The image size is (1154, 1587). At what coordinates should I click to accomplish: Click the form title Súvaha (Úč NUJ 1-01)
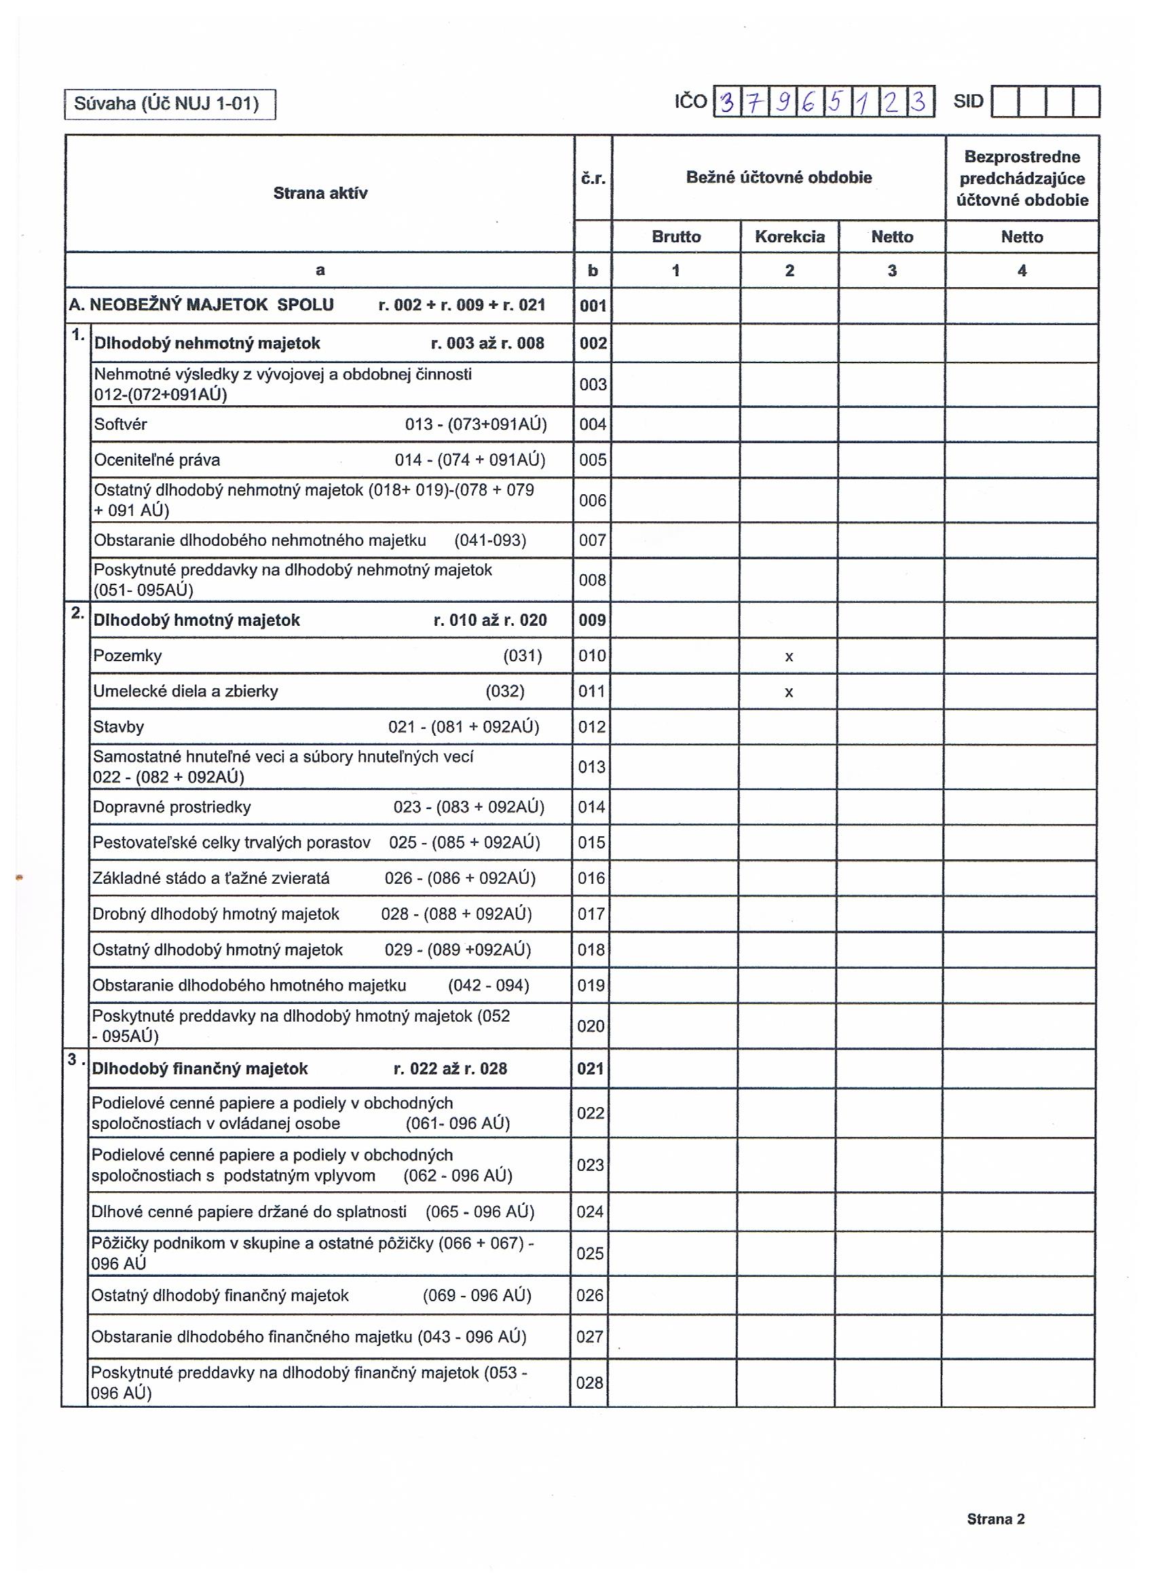(166, 105)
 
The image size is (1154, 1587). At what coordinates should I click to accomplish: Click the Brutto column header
(676, 236)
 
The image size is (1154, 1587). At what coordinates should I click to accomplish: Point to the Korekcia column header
(789, 236)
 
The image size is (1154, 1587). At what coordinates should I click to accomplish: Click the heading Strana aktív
(320, 193)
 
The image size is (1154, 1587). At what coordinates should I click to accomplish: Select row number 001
(593, 305)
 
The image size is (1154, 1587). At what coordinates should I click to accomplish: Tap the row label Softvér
(120, 424)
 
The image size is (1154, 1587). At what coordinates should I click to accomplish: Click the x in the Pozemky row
(789, 656)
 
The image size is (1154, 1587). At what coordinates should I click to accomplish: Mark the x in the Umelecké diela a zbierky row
(789, 692)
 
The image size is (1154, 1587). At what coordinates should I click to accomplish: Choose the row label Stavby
(118, 727)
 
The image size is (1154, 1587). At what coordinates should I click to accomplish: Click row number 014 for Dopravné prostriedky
(591, 807)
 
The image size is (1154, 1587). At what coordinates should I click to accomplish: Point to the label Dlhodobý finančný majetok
(200, 1068)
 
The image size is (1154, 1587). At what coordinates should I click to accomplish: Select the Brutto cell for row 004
(676, 424)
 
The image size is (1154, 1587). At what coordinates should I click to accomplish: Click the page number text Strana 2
(995, 1519)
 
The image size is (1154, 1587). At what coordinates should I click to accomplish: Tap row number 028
(589, 1383)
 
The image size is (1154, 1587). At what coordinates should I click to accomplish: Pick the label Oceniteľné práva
(157, 460)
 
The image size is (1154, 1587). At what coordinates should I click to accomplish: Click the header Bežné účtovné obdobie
(779, 178)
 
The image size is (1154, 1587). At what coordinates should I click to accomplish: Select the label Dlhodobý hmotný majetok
(197, 620)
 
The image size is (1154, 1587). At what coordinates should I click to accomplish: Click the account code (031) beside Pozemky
(522, 656)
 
